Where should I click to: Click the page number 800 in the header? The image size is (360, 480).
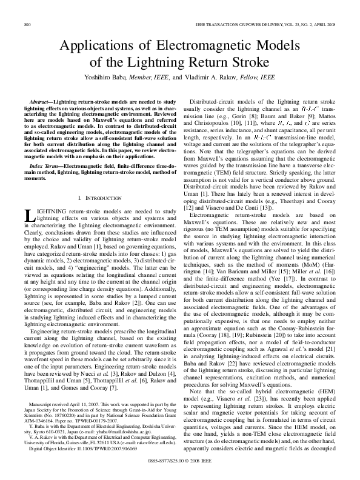click(27, 24)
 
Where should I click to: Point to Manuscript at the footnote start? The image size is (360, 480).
click(43, 403)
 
